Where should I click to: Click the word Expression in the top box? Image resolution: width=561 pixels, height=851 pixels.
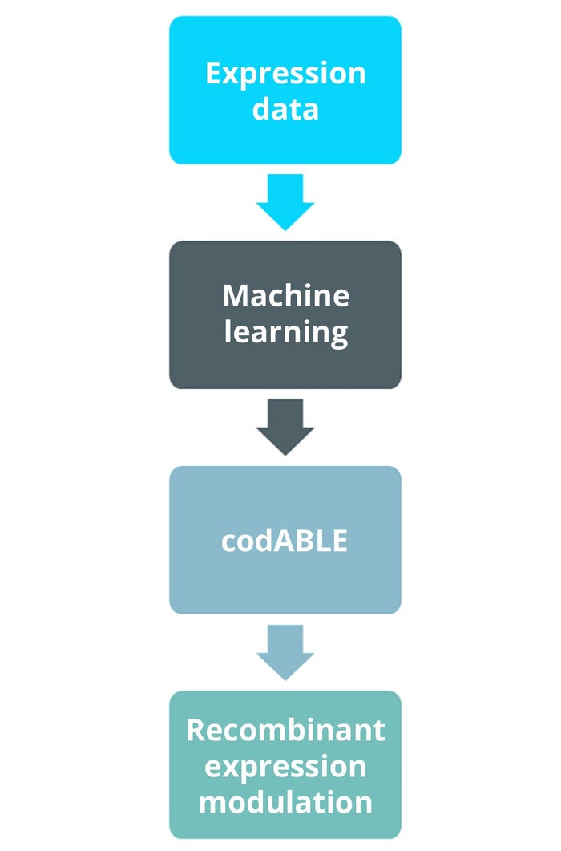click(285, 74)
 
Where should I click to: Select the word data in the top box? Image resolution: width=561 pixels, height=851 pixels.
click(285, 108)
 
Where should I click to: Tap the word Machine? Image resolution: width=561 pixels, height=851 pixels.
click(285, 296)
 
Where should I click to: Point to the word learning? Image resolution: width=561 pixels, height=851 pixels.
click(285, 330)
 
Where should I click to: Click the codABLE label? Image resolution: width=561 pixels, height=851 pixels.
click(285, 541)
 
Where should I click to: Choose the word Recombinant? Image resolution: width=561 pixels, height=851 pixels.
click(285, 730)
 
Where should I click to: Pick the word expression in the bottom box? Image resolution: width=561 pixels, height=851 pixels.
click(285, 766)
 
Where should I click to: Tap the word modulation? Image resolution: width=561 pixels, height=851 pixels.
click(285, 801)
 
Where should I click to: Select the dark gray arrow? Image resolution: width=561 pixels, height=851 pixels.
click(285, 426)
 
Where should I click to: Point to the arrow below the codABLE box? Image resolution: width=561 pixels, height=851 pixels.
click(285, 651)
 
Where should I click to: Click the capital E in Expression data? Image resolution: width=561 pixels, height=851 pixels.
click(213, 74)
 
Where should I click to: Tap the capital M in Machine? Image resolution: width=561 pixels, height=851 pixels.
click(236, 296)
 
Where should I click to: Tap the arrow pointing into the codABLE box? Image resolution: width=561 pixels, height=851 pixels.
click(285, 426)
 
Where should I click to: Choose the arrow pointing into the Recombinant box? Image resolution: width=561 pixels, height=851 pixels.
click(285, 651)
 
